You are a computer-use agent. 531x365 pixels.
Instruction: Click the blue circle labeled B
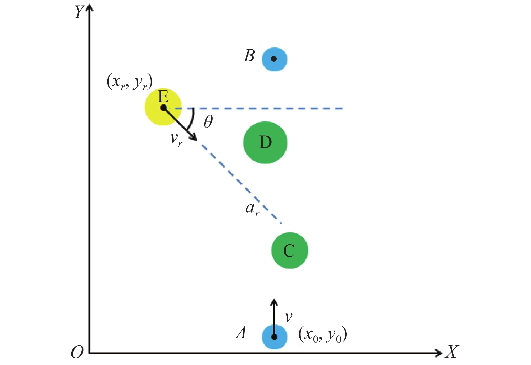pos(274,59)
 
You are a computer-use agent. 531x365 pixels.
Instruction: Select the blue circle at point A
pos(274,337)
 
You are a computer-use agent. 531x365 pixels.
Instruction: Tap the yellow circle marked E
pos(163,108)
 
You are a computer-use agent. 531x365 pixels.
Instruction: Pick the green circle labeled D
pos(265,143)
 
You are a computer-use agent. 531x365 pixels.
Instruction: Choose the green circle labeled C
pos(290,250)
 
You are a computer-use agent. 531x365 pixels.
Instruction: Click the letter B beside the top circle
pos(249,56)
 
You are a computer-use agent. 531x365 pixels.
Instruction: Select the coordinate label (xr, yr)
pos(129,82)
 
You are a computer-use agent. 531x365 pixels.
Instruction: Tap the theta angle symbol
pos(208,122)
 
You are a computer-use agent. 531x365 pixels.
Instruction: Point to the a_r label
pos(252,209)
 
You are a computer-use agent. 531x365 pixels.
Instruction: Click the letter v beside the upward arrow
pos(288,317)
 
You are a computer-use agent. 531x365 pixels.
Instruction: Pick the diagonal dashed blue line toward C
pos(241,184)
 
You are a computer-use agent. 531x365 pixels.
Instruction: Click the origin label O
pos(77,353)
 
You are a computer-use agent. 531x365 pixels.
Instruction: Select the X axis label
pos(452,352)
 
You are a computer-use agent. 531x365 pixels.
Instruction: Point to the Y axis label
pos(79,12)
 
